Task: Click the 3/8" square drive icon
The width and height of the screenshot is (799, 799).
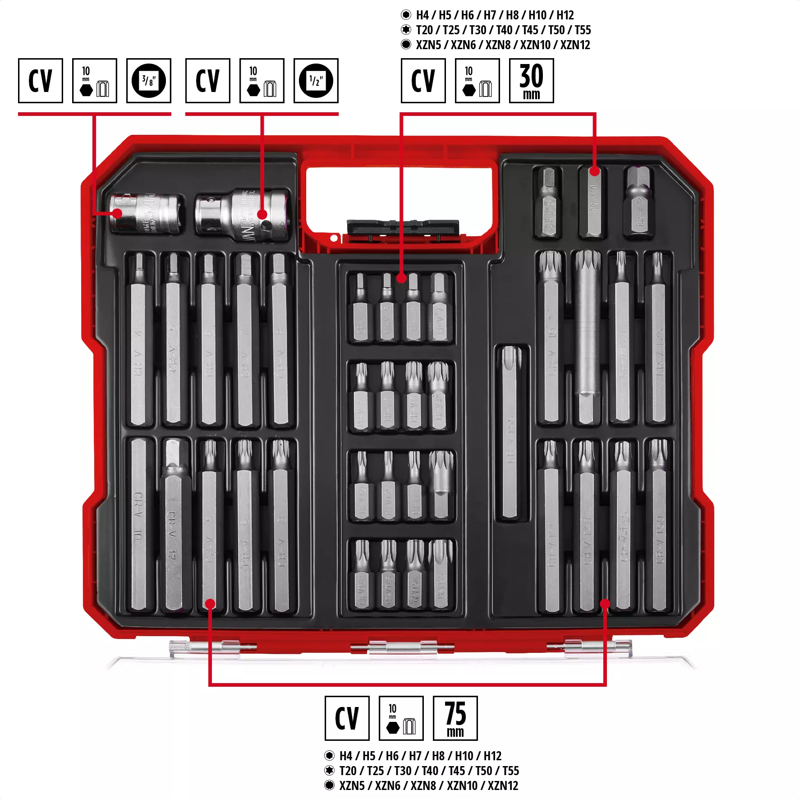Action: tap(148, 81)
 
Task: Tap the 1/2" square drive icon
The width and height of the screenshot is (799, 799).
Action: tap(316, 81)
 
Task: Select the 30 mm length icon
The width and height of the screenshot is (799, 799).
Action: tap(531, 81)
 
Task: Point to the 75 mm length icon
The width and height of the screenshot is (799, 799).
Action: tap(455, 718)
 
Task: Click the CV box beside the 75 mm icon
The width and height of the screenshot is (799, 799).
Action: tap(347, 718)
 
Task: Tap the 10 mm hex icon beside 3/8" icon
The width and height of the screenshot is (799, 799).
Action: tap(94, 81)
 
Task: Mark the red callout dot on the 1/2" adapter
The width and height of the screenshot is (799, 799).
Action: tap(262, 215)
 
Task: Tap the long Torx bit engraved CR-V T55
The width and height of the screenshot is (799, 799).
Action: tap(510, 433)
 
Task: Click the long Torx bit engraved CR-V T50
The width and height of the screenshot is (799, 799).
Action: tap(658, 528)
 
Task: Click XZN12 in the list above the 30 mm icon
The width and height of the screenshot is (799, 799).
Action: tap(575, 45)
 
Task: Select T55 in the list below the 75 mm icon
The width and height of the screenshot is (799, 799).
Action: tap(511, 771)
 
